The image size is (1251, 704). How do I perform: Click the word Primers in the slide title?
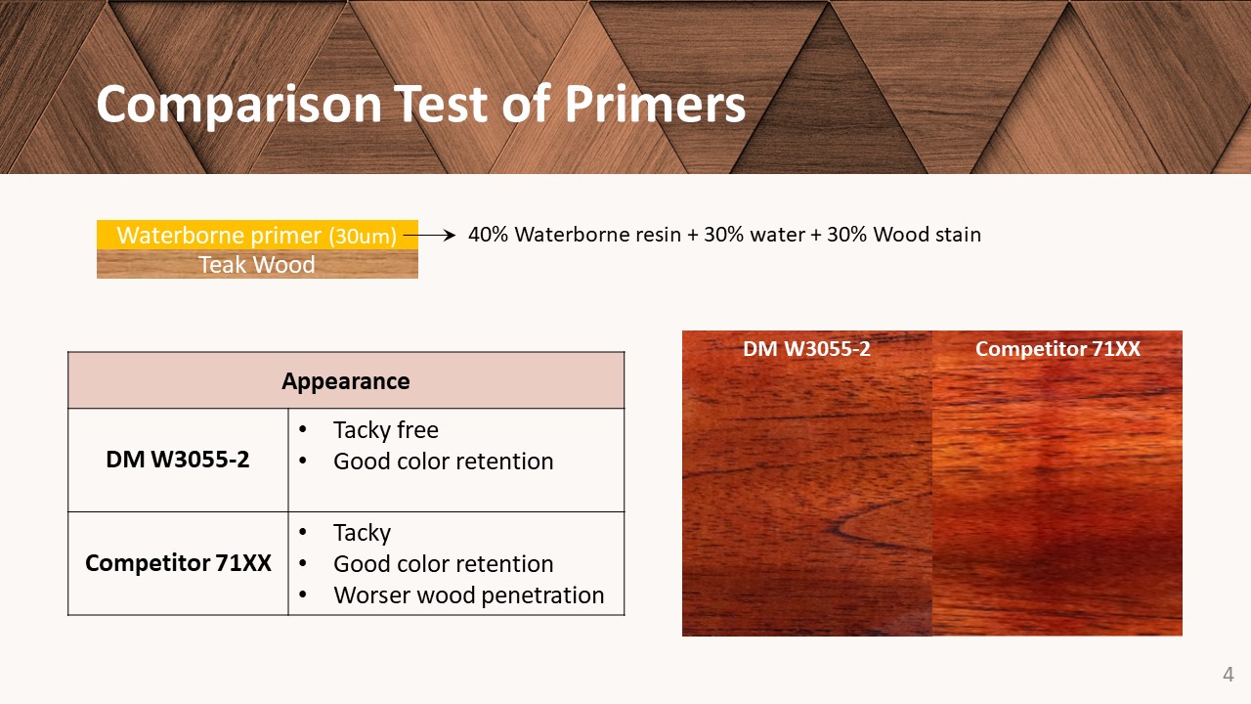[655, 104]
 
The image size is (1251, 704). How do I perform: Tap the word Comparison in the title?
[239, 105]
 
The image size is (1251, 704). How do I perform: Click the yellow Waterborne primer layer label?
[257, 236]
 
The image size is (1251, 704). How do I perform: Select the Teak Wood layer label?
[257, 264]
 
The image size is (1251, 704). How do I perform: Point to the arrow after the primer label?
[430, 236]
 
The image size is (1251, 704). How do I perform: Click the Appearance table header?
[346, 381]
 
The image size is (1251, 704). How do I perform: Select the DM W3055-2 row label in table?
[178, 460]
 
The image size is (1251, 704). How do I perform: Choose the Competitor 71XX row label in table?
[178, 562]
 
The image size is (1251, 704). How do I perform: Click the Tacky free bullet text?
[386, 430]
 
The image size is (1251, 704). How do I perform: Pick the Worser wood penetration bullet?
[469, 595]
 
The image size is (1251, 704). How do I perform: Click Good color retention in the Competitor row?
[444, 564]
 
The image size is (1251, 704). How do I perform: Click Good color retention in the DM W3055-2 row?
[444, 461]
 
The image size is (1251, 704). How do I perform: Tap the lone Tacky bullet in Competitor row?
[362, 533]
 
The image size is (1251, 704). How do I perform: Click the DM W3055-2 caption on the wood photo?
[806, 349]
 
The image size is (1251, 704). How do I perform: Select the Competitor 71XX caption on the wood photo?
[1057, 349]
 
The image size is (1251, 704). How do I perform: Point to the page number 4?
[1229, 675]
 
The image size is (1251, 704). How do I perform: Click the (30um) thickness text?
[363, 237]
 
